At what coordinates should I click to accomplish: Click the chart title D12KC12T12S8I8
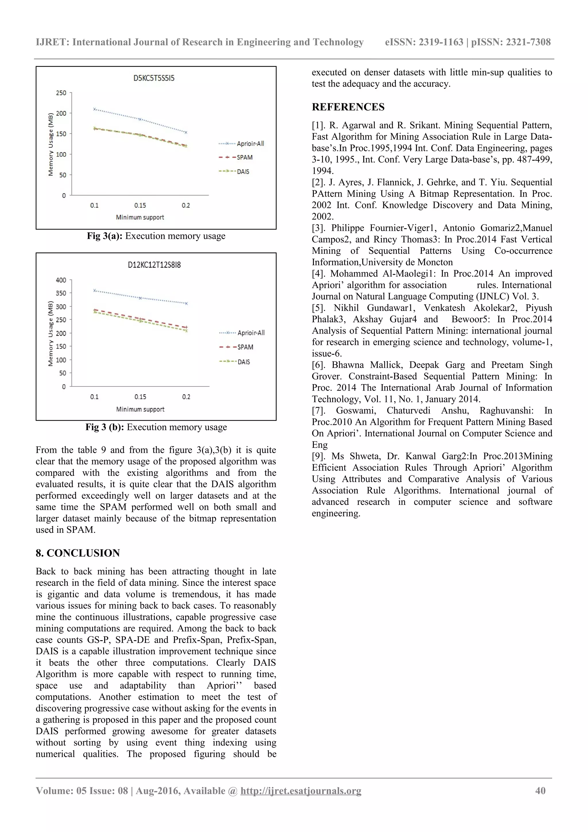click(x=154, y=265)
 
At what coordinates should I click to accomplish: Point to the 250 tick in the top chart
click(x=61, y=93)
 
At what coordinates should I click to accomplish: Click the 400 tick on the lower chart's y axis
click(x=61, y=280)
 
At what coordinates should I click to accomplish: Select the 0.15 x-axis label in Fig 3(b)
click(x=140, y=397)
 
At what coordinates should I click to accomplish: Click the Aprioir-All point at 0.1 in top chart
click(x=94, y=109)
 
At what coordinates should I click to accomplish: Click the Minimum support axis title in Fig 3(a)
click(x=140, y=217)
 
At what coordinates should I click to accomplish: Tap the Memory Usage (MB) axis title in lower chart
click(x=51, y=333)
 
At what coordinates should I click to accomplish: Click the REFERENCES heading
click(x=348, y=107)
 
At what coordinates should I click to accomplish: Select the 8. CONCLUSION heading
click(x=78, y=553)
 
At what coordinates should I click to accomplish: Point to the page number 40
click(x=540, y=791)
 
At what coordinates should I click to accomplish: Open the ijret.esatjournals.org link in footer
click(x=301, y=791)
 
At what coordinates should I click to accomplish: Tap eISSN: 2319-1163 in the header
click(x=424, y=42)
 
